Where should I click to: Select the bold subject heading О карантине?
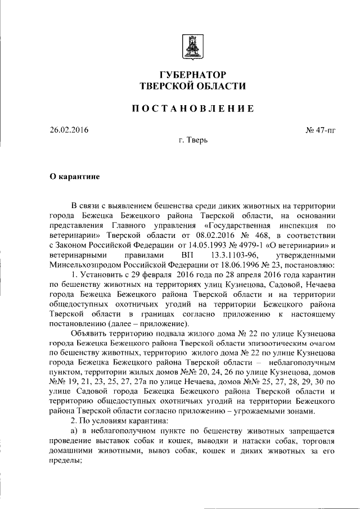pos(75,176)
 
